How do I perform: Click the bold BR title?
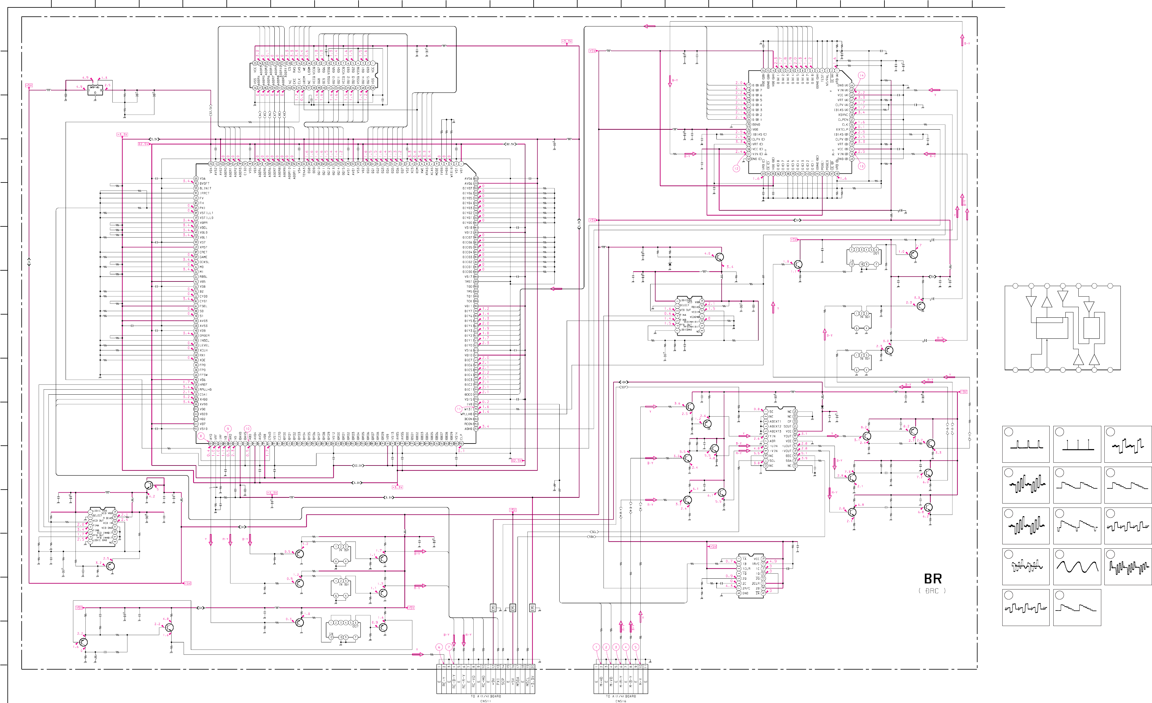(933, 579)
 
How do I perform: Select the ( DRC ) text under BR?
(932, 591)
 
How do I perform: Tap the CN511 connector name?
(485, 701)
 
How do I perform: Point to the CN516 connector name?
(621, 701)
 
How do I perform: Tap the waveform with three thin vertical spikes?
(1077, 444)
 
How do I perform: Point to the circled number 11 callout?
(458, 409)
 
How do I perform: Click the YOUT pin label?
(787, 436)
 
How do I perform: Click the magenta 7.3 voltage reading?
(847, 472)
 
